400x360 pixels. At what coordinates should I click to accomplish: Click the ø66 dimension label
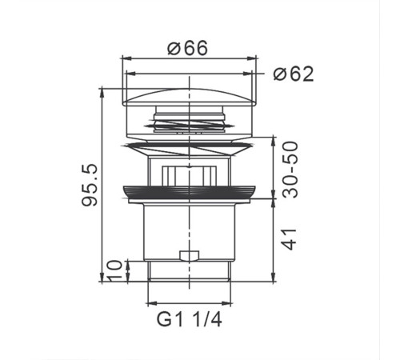[x=187, y=48]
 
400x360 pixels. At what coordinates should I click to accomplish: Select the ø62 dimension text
[x=294, y=74]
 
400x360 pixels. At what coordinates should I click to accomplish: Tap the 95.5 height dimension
[x=90, y=185]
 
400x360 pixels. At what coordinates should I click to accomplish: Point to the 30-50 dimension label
[x=290, y=170]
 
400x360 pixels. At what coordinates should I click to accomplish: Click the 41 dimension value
[x=290, y=239]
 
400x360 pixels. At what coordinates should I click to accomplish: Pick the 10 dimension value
[x=115, y=270]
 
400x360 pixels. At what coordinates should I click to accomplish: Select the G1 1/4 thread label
[x=189, y=319]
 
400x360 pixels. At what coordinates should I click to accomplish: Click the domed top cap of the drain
[x=189, y=98]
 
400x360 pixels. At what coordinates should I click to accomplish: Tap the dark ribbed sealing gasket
[x=189, y=193]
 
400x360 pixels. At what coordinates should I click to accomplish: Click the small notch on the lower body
[x=190, y=255]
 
